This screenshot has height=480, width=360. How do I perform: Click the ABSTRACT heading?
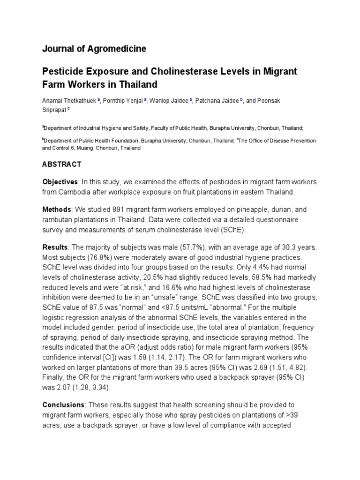point(62,165)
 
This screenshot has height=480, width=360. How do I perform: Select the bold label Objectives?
point(60,182)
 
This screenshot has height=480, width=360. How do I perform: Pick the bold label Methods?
point(57,209)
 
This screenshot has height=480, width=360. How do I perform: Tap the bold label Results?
point(55,247)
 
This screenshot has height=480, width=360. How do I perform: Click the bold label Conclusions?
point(64,405)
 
